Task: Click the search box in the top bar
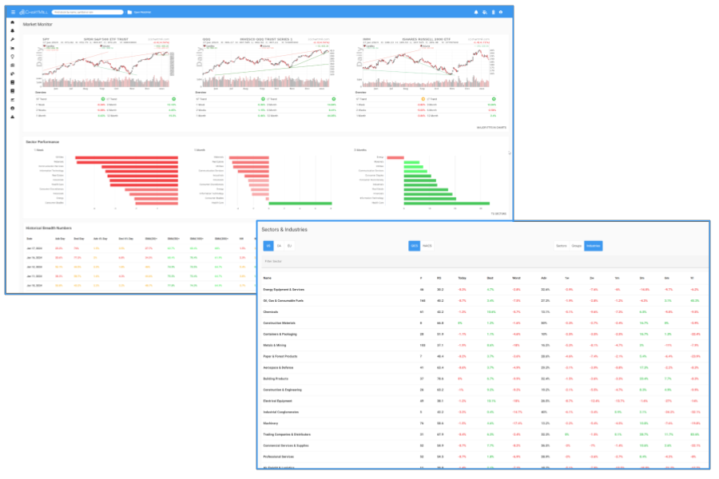point(88,13)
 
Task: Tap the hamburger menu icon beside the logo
point(13,13)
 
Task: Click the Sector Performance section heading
point(42,142)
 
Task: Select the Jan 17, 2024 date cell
point(34,248)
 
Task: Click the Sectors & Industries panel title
point(285,229)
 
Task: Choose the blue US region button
point(269,245)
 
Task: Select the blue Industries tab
point(594,245)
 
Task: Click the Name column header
point(268,278)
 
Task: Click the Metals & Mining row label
point(276,345)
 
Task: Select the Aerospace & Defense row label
point(281,367)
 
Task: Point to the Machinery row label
point(272,423)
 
